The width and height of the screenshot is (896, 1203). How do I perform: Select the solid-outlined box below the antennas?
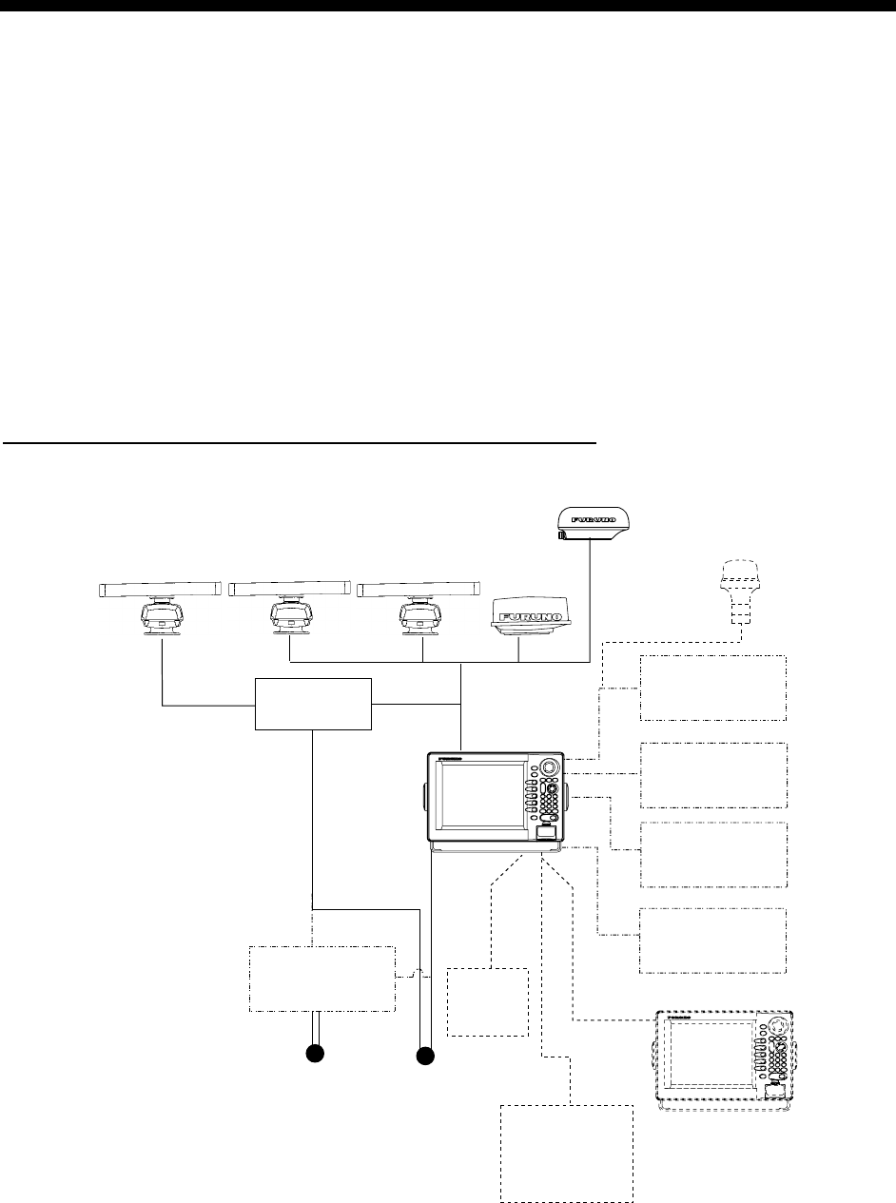point(313,705)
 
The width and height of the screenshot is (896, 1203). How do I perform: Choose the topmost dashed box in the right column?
point(713,688)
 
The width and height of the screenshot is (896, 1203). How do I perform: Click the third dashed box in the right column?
point(713,854)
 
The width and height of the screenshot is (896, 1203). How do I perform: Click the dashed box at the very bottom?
point(568,1151)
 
